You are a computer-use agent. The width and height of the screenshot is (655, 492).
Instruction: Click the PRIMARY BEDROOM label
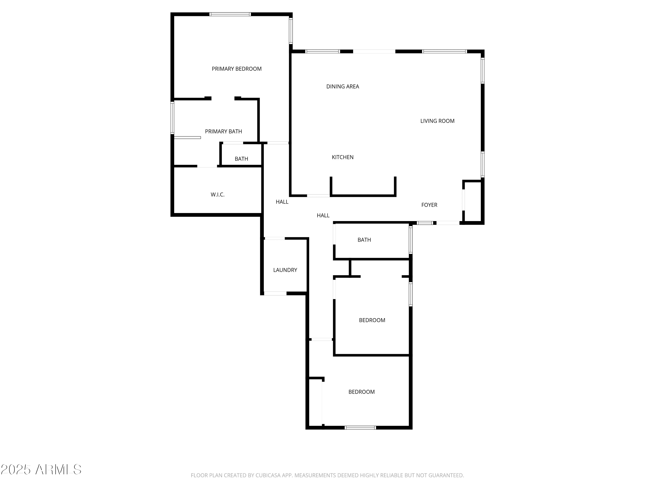(x=237, y=69)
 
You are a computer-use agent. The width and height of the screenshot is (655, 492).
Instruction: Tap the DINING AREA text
(x=343, y=87)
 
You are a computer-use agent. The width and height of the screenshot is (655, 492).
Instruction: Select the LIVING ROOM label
(x=437, y=121)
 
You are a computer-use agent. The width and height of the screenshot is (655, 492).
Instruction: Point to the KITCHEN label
(x=343, y=157)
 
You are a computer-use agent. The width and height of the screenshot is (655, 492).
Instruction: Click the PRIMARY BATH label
(x=224, y=131)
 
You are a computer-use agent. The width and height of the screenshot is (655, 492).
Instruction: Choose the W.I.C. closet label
(x=218, y=195)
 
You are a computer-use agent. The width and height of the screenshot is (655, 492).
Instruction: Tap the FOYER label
(x=429, y=205)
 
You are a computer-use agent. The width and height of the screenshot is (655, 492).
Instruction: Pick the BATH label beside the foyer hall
(x=364, y=240)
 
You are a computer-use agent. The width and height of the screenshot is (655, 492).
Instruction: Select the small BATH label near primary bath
(x=241, y=159)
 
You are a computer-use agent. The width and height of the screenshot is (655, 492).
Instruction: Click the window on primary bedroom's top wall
(x=230, y=14)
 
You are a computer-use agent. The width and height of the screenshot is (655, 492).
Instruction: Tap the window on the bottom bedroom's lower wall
(x=360, y=428)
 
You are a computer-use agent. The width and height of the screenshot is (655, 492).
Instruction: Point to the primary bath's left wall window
(x=172, y=118)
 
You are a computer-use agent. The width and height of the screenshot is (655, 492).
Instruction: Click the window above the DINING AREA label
(x=322, y=52)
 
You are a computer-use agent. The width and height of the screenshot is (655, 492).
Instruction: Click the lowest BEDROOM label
(x=362, y=392)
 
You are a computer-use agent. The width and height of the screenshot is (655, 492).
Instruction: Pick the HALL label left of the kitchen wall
(x=282, y=202)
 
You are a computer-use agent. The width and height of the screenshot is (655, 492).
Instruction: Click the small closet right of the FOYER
(x=473, y=202)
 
